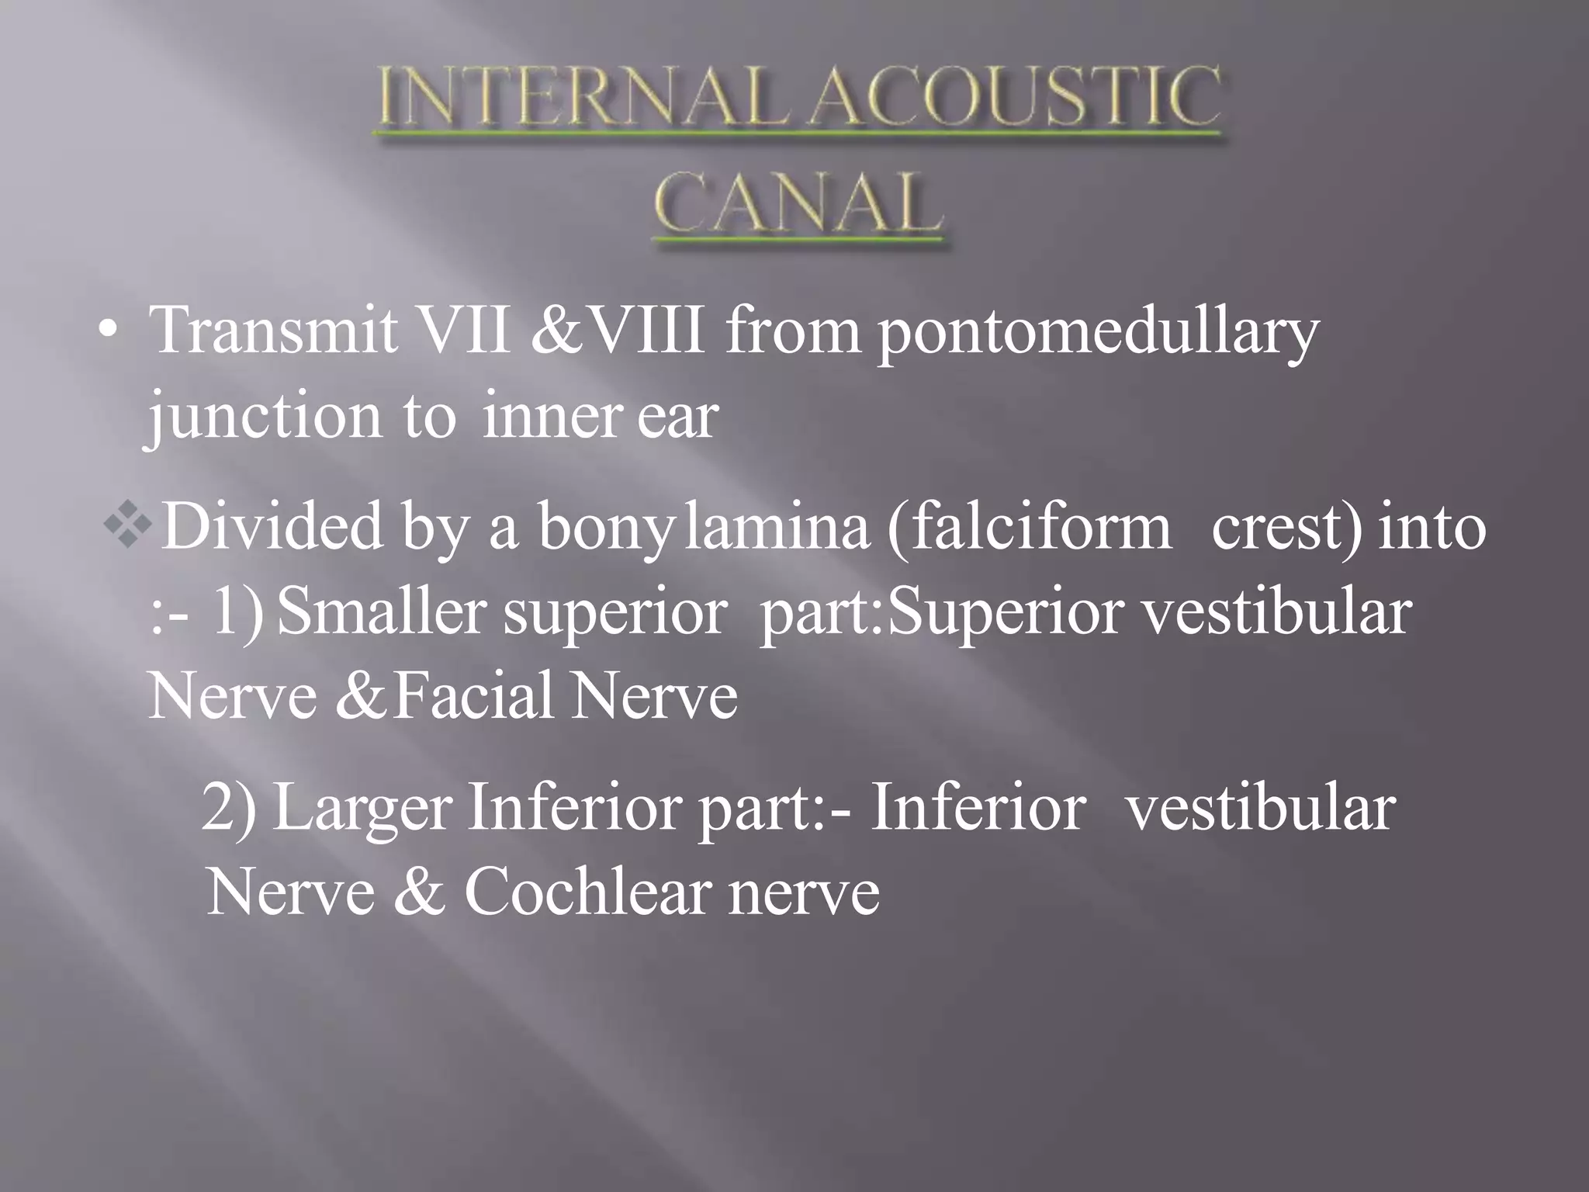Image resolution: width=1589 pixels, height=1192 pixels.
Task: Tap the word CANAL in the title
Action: (798, 204)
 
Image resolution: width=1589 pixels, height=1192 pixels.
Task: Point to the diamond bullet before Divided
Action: (128, 528)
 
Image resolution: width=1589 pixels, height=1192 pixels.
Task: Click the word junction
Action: (265, 418)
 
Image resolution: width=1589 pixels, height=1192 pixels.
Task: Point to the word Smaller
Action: (381, 612)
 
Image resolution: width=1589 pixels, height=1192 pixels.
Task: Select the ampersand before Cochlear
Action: (419, 892)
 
